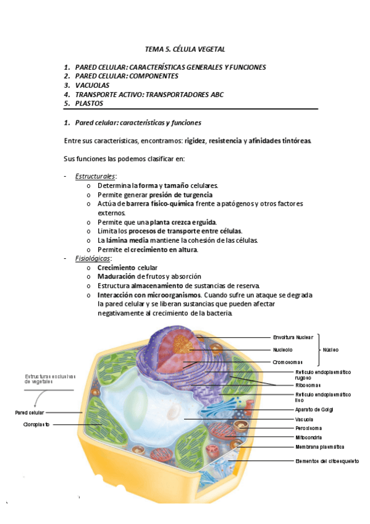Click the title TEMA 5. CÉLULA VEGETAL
point(185,48)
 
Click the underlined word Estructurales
point(95,176)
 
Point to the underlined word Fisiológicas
point(93,258)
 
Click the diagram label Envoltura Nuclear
point(293,337)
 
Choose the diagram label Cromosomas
point(288,362)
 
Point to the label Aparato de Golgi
point(316,409)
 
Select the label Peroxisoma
point(309,428)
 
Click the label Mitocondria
point(309,437)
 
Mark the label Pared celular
point(30,412)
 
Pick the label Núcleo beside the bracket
point(330,350)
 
